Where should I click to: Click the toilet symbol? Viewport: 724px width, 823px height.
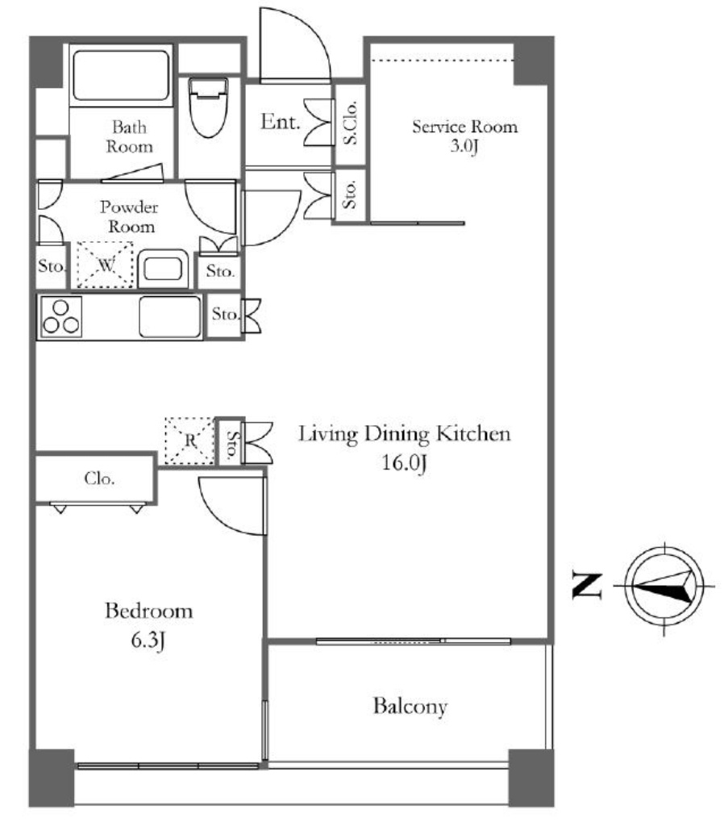coord(208,107)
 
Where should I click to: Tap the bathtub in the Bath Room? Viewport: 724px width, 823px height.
coord(121,76)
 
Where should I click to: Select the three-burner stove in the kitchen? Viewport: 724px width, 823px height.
coord(61,317)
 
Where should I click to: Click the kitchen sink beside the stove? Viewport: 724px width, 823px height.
coord(170,317)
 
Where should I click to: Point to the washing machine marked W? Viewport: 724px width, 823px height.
coord(105,265)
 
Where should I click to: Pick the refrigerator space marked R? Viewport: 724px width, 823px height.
coord(189,441)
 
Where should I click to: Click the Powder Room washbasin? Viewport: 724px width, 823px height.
coord(163,269)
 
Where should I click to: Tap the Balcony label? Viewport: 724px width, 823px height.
coord(410,707)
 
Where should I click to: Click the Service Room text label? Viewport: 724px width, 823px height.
coord(465,127)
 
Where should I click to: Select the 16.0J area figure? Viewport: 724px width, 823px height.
coord(404,463)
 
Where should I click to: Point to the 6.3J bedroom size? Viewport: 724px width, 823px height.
coord(148,641)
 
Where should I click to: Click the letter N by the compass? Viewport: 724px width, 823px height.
coord(587,585)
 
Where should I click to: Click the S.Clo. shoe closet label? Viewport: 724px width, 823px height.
coord(350,123)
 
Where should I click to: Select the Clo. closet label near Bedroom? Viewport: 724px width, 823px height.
coord(99,478)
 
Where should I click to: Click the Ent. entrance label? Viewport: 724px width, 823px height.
coord(280,122)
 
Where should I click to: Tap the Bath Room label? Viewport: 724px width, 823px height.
coord(129,136)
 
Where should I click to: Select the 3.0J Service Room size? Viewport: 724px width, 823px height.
coord(464,146)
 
